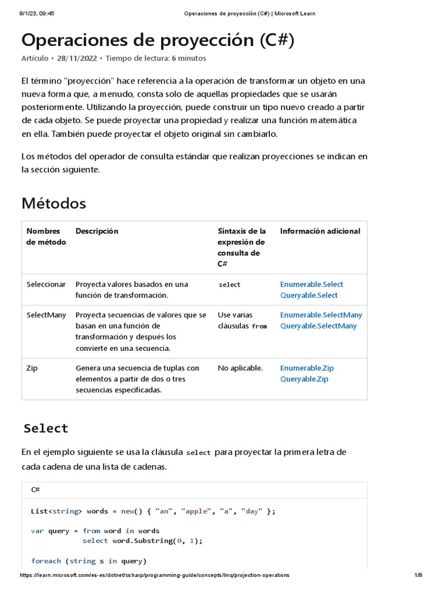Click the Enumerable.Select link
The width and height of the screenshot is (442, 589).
tap(311, 284)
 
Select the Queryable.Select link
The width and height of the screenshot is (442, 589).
tap(309, 295)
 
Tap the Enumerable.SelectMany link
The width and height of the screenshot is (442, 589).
tap(321, 315)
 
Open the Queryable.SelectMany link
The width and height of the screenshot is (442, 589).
tap(318, 326)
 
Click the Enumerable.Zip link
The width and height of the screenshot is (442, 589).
tap(307, 368)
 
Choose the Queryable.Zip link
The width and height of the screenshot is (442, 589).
tap(304, 379)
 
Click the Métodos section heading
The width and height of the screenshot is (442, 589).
tap(54, 203)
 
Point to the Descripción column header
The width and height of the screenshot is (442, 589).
tap(97, 231)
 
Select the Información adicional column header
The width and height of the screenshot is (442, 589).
tap(320, 231)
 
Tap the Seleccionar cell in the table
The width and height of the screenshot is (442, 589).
tap(46, 284)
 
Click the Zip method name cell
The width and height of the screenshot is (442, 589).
tap(32, 368)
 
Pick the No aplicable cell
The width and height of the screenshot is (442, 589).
tap(240, 368)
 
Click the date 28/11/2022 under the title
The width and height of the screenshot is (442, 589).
tap(77, 58)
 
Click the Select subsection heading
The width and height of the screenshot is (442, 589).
tap(46, 429)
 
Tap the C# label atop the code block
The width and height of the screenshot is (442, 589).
tap(35, 489)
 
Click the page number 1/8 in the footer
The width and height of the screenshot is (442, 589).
tap(418, 575)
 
